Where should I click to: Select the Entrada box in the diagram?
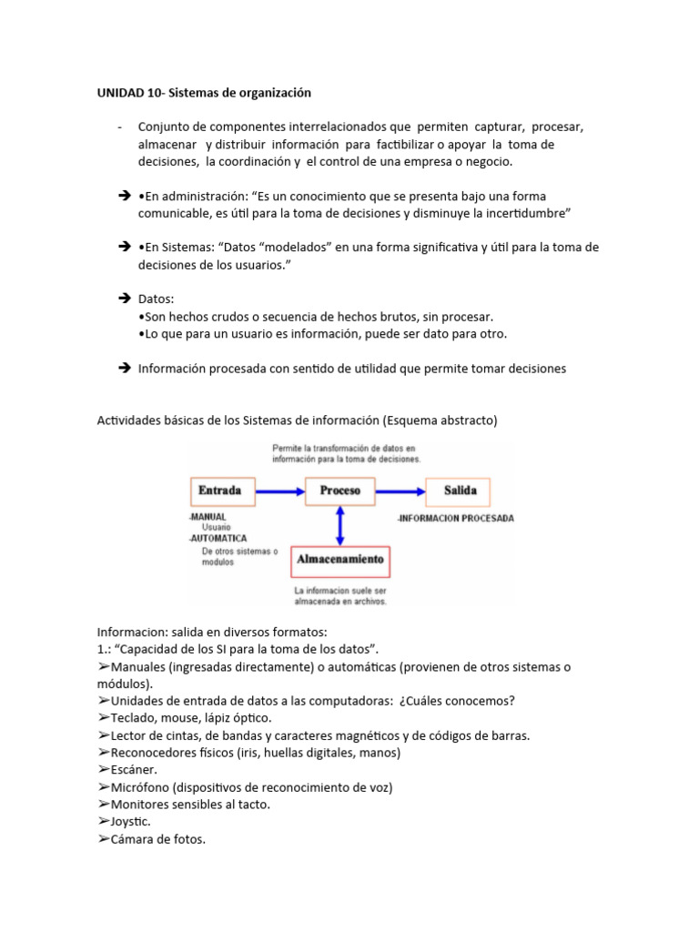pos(219,491)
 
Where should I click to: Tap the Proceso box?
pos(339,491)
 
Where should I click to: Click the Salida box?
pos(460,491)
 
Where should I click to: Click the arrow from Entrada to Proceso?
pos(277,491)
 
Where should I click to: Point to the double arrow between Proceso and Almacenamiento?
pos(339,524)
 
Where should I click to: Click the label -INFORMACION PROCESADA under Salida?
pos(456,519)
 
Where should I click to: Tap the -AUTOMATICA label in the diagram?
pos(219,538)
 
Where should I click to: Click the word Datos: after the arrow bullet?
pos(156,299)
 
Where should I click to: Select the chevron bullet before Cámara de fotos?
pos(103,839)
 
